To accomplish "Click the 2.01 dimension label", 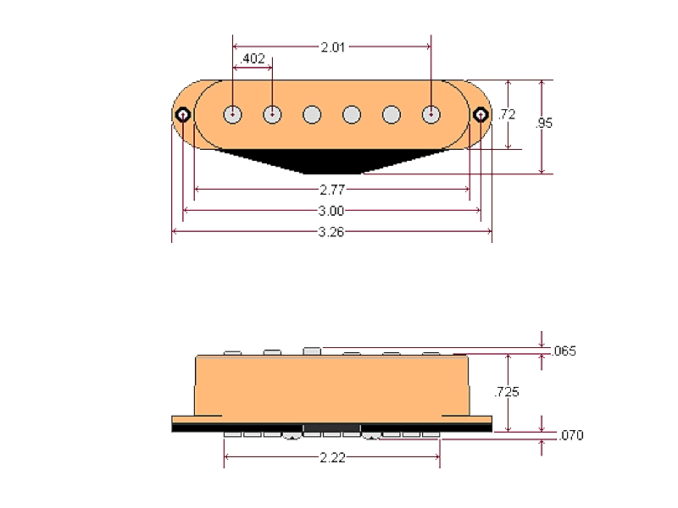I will (332, 48).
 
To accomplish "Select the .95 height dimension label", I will (546, 123).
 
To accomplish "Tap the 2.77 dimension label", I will (331, 189).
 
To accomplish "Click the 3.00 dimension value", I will (331, 210).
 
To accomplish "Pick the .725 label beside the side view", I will (508, 392).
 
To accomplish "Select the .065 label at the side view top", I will (564, 351).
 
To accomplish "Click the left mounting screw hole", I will (183, 114).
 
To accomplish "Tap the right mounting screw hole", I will (480, 114).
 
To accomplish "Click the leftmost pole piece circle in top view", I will (232, 113).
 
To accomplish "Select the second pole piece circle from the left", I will (272, 113).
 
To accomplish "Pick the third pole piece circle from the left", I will (312, 113).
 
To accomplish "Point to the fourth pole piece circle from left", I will (352, 113).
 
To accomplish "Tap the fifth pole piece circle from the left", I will (392, 113).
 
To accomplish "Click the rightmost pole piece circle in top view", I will (431, 113).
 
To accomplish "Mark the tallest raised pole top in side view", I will (311, 350).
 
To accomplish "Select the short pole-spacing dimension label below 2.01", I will (252, 58).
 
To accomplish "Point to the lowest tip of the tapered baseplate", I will (331, 172).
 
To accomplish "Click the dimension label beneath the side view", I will (331, 458).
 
